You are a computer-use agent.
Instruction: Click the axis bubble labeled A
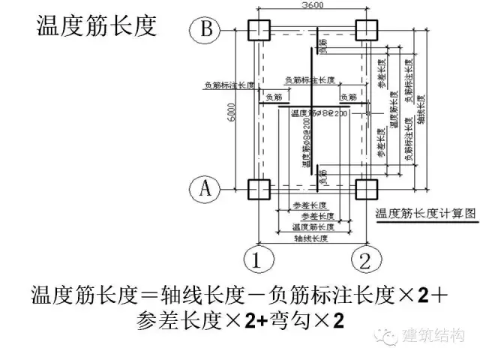tap(204, 188)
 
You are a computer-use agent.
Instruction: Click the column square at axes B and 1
tap(258, 29)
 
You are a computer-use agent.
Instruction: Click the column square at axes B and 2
tap(367, 29)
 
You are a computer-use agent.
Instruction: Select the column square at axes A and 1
tap(258, 188)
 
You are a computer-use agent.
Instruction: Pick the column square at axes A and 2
tap(367, 188)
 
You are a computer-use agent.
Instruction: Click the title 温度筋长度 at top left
tap(97, 25)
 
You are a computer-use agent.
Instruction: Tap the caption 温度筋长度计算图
tap(425, 213)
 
